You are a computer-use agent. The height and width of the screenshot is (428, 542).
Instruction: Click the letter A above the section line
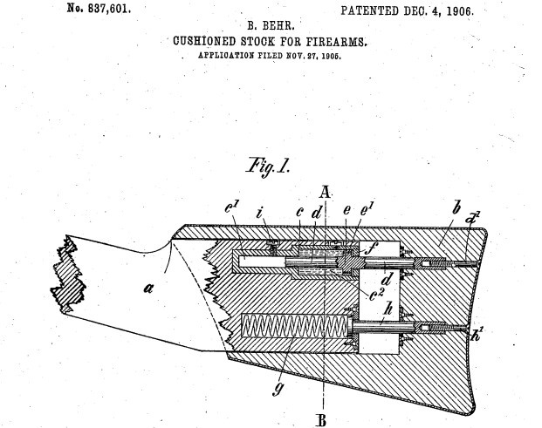pos(325,192)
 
